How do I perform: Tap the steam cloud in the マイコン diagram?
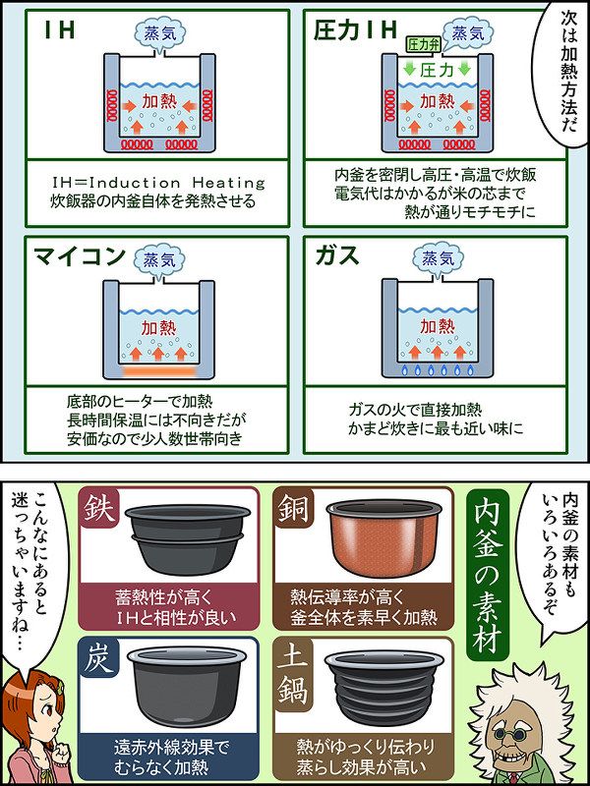click(159, 262)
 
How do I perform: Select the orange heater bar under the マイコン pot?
click(158, 371)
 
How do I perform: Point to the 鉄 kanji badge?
click(97, 509)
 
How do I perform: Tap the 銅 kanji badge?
click(293, 509)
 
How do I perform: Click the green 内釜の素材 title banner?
click(487, 575)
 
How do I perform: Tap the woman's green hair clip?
click(59, 688)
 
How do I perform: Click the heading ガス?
click(337, 256)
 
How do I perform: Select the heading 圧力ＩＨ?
click(354, 30)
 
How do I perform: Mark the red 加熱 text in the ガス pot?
click(437, 326)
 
